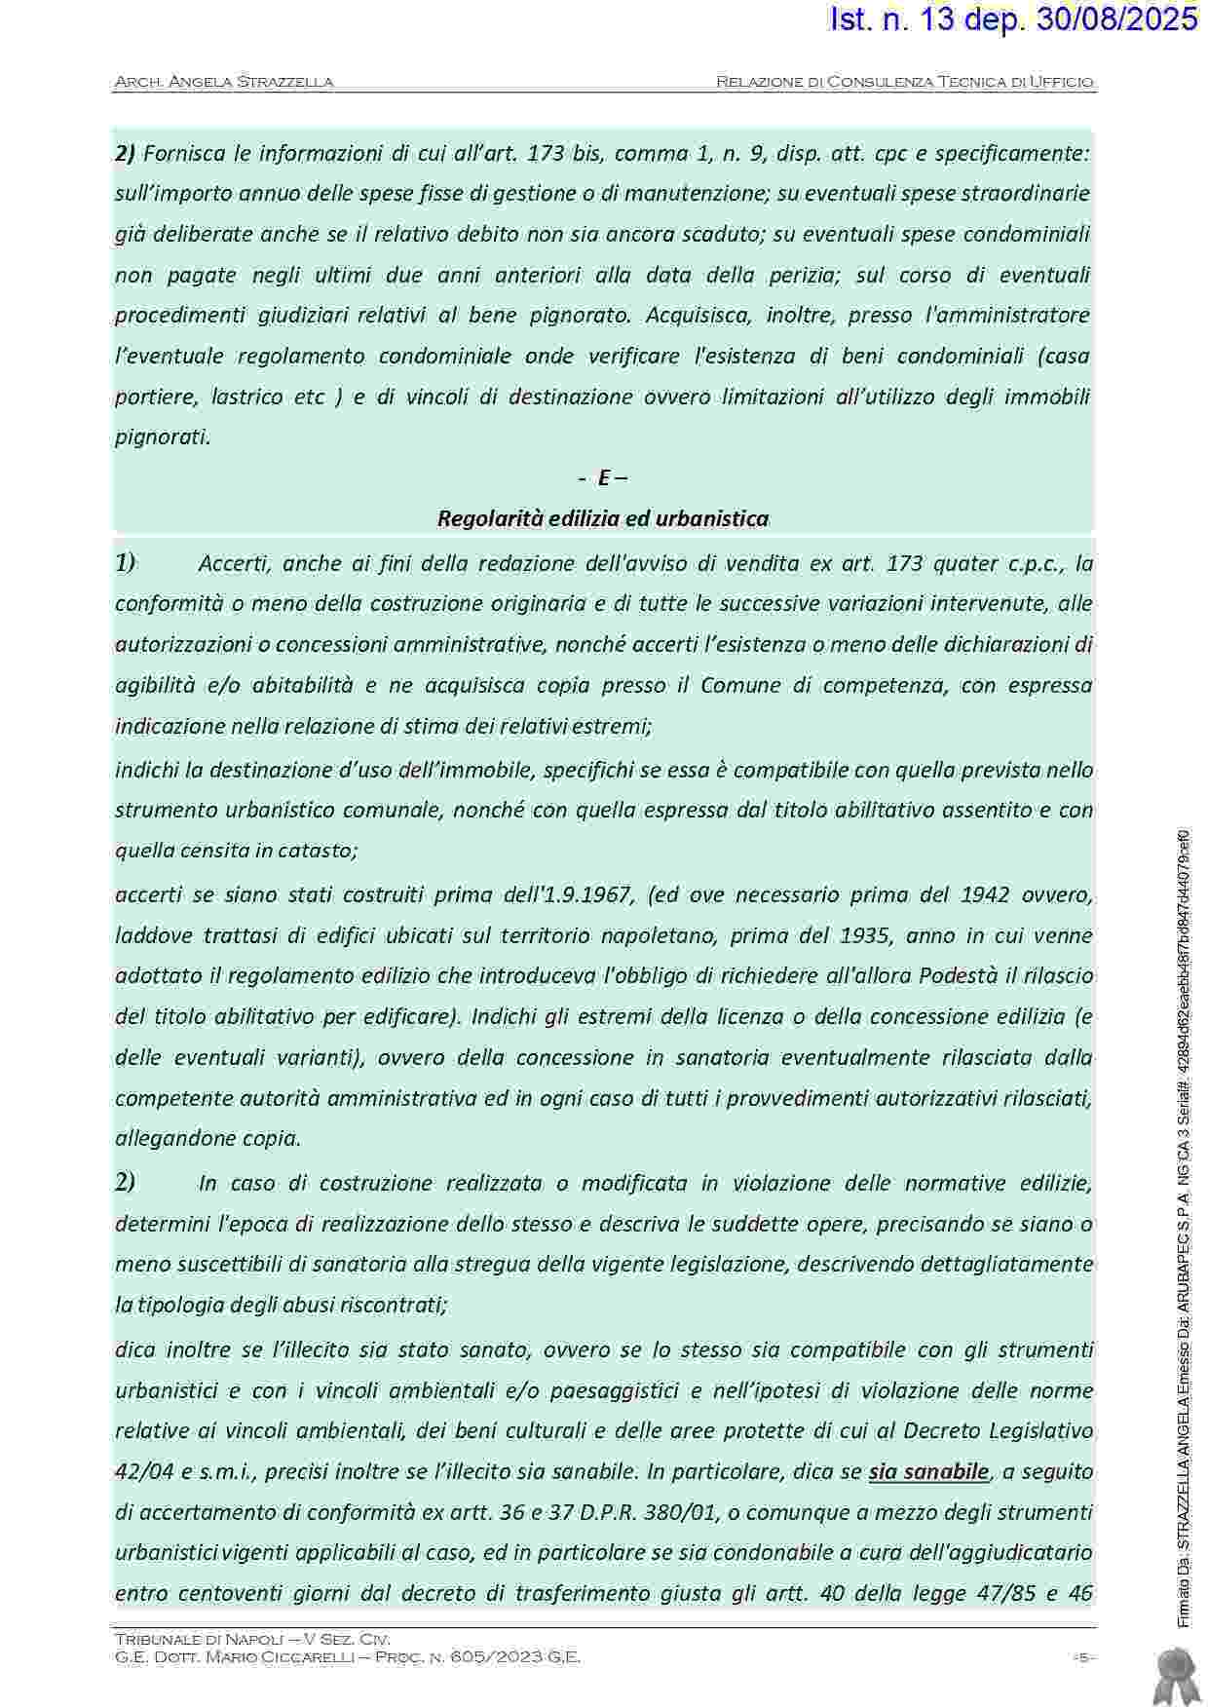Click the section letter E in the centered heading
point(604,477)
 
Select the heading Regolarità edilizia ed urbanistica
point(603,518)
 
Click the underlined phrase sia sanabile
point(928,1471)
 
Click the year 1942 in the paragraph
point(990,894)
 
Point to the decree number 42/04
point(142,1471)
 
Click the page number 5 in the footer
point(1082,1657)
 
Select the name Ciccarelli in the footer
point(297,1656)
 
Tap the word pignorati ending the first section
point(162,436)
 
